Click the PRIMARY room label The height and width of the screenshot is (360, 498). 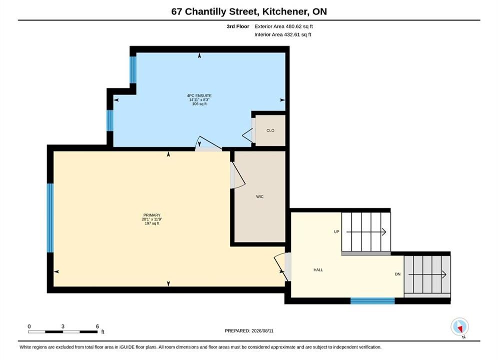pos(152,215)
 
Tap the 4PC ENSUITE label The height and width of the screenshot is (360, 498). pos(199,95)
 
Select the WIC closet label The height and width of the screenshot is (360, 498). pos(260,196)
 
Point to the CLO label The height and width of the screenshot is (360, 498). pos(270,130)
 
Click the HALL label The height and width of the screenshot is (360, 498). pos(318,270)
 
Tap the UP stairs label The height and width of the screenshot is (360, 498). pos(337,231)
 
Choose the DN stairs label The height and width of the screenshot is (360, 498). pos(397,274)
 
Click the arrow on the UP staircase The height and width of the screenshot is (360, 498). pos(366,232)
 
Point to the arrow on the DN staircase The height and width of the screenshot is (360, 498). pos(427,274)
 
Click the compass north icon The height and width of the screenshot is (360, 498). pos(459,326)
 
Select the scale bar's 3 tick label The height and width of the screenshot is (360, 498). pos(63,326)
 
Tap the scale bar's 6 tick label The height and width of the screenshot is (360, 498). pos(97,326)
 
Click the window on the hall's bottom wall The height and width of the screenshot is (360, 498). pos(372,300)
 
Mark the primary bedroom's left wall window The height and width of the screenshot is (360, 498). pos(50,218)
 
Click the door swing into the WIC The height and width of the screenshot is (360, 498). pos(238,175)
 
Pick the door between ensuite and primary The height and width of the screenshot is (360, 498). pos(208,143)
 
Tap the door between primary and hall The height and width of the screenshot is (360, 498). pos(282,267)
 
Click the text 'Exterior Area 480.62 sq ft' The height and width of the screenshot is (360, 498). pos(284,26)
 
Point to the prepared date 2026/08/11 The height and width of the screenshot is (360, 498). pos(262,331)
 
